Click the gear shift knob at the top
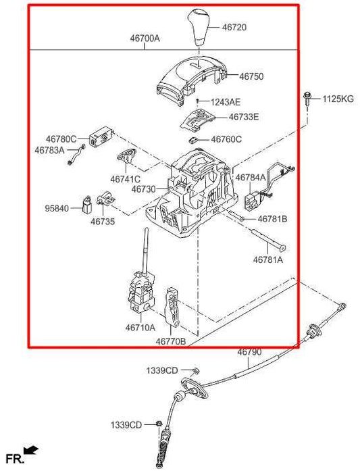[x=199, y=27]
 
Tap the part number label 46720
[x=234, y=28]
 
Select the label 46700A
[x=145, y=39]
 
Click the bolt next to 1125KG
[x=307, y=99]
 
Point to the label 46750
[x=251, y=76]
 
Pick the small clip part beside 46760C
[x=193, y=140]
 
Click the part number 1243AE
[x=226, y=102]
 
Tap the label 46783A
[x=50, y=150]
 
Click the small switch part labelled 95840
[x=87, y=205]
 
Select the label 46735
[x=103, y=222]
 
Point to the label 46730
[x=143, y=189]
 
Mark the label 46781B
[x=273, y=219]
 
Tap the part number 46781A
[x=268, y=259]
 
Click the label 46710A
[x=140, y=326]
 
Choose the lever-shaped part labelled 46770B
[x=172, y=307]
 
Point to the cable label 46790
[x=249, y=352]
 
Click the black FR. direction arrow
[x=31, y=450]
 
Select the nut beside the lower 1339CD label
[x=159, y=424]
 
